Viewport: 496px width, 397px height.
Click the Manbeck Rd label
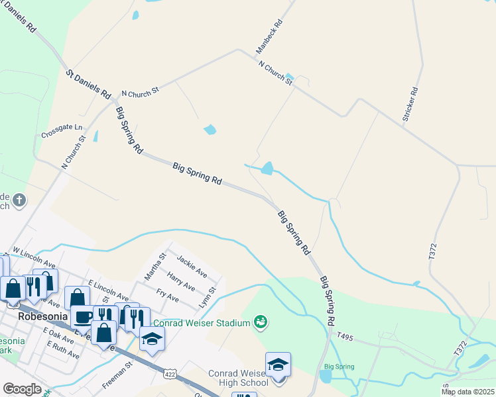[x=269, y=36]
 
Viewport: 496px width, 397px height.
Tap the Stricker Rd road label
[x=409, y=104]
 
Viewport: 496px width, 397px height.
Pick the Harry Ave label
[x=180, y=281]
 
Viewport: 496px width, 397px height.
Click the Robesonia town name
[x=42, y=316]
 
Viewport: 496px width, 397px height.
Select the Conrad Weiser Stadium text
[x=202, y=323]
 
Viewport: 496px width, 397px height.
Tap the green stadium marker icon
[x=261, y=322]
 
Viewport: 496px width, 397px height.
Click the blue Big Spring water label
[x=339, y=367]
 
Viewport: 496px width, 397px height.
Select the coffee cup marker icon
[x=83, y=316]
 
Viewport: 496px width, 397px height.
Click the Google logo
[x=22, y=389]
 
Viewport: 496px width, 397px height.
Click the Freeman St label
[x=117, y=374]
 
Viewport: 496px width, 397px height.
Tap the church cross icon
[x=19, y=199]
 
